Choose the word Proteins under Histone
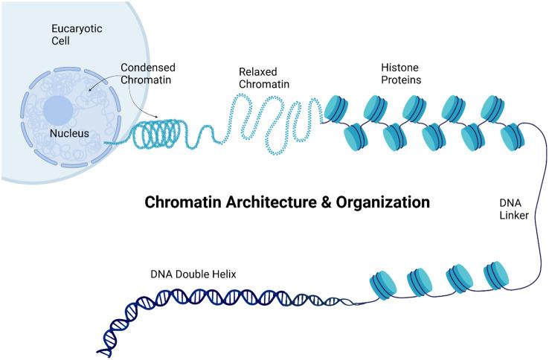tap(391, 80)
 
